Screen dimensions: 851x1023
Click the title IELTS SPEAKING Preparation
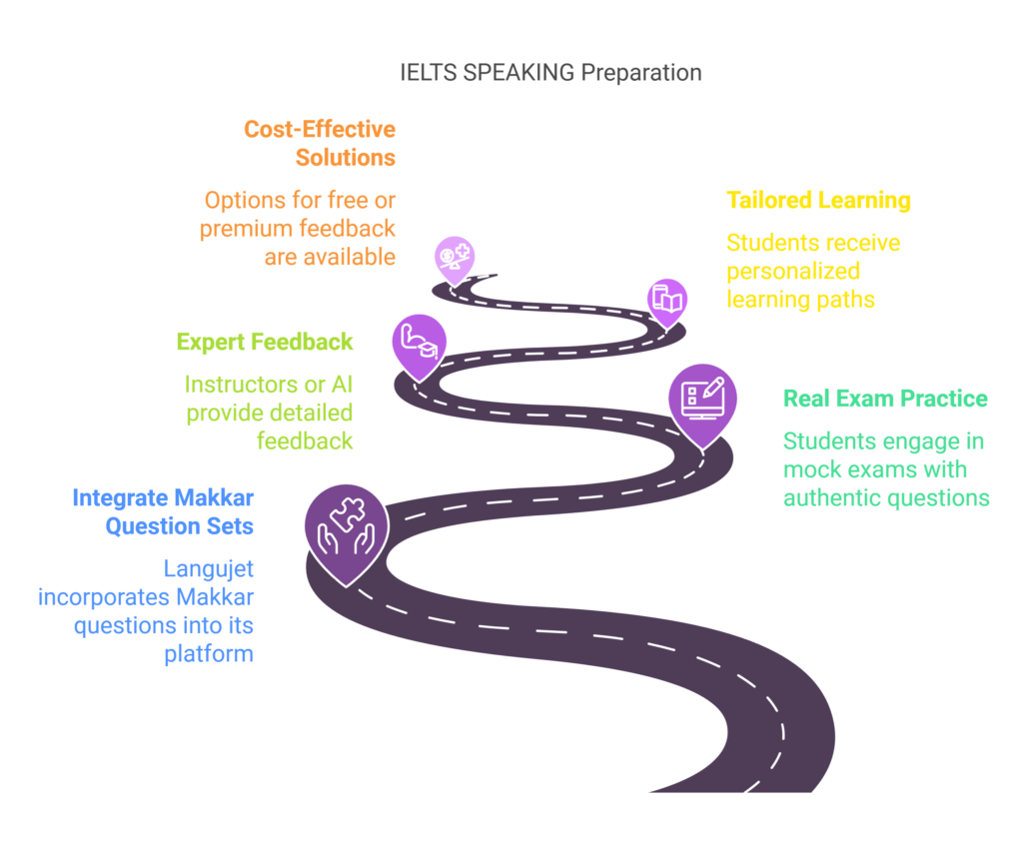(550, 73)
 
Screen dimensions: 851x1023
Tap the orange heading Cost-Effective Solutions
(320, 143)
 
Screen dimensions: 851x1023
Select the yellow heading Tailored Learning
(818, 200)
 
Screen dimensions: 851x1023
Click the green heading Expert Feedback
(265, 342)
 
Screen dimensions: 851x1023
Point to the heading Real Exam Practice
(884, 399)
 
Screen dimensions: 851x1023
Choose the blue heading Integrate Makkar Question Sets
(163, 510)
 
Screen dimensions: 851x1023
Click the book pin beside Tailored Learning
(666, 299)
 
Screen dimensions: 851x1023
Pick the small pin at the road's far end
(454, 257)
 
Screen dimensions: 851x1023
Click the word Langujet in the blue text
(209, 569)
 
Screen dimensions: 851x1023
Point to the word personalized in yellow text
(793, 272)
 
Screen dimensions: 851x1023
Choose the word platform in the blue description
(209, 655)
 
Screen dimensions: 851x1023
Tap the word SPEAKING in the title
(519, 73)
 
